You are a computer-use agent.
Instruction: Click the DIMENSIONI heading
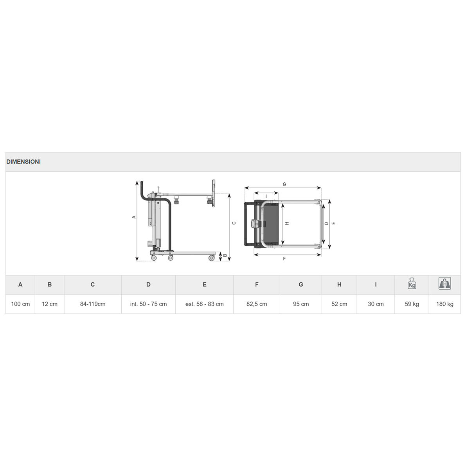tap(23, 162)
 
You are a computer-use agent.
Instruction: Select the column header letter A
tap(20, 284)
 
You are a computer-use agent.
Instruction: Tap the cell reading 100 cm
tap(20, 304)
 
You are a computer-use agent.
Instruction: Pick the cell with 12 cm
tap(50, 304)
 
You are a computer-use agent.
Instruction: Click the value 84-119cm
tap(93, 304)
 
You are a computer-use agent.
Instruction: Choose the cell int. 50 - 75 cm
tap(148, 304)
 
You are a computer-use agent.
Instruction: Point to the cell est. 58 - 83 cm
tap(204, 304)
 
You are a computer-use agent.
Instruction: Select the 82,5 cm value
tap(257, 304)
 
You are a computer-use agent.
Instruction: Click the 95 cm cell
tap(301, 304)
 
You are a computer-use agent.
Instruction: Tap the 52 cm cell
tap(339, 304)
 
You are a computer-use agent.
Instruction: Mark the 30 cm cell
tap(376, 304)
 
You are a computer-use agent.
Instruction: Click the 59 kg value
tap(412, 304)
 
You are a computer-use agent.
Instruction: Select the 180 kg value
tap(445, 304)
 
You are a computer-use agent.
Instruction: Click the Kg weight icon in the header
tap(412, 284)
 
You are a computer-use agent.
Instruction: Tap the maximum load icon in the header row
tap(445, 283)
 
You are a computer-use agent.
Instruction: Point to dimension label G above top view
tap(284, 184)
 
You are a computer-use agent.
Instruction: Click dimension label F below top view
tap(284, 259)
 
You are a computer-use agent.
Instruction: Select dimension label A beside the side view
tap(134, 217)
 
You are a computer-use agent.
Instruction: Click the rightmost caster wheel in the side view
tap(212, 258)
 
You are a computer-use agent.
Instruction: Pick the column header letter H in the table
tap(339, 284)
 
